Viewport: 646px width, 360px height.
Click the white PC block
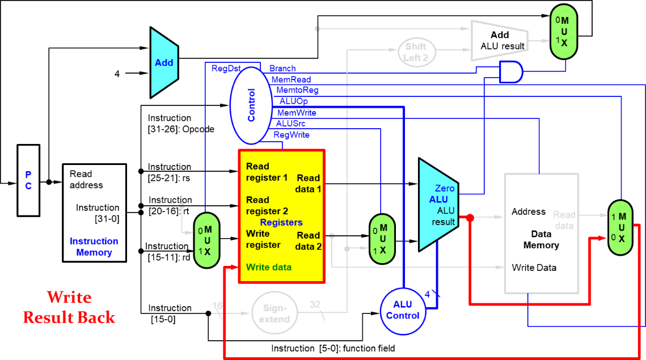pos(28,180)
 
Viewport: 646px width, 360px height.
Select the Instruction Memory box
pos(94,213)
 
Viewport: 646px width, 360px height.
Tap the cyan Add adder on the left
pos(163,62)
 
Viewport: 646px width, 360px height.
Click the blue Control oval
pos(251,105)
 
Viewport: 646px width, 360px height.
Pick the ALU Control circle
pos(403,310)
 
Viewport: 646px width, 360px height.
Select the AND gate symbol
pos(511,72)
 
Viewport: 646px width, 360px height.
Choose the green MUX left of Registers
pos(206,240)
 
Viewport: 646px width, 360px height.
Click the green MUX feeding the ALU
pos(382,239)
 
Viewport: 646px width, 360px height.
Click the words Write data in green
pos(269,267)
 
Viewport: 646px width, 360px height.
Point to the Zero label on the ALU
pos(445,188)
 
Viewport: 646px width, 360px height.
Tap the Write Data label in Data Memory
pos(534,268)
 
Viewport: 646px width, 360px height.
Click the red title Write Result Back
pos(69,308)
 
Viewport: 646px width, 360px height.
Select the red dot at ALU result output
pos(470,217)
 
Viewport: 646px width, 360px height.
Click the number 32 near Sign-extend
pos(315,304)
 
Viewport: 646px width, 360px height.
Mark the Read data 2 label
pos(309,241)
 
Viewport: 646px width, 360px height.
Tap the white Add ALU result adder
pos(499,41)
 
